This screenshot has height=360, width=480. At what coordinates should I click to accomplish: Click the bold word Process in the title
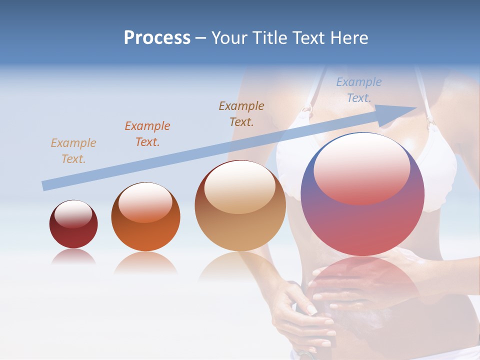coord(157,38)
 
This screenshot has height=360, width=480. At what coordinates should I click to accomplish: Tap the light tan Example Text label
coord(73,151)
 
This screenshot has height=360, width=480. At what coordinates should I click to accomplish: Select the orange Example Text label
coord(147,134)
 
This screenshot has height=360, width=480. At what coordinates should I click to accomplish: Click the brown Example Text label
coord(241,113)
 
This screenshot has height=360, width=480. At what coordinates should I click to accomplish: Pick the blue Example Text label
coord(359,90)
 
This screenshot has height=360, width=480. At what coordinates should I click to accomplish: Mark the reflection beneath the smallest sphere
coord(73,257)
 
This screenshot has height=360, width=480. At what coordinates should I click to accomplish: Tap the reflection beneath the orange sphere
coord(145,262)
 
